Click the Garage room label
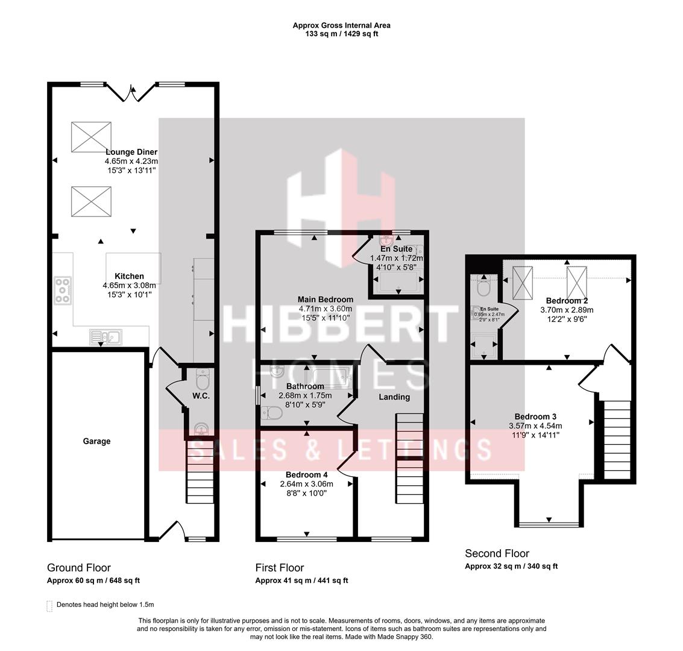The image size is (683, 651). pos(96,441)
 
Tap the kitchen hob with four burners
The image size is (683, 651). pos(63,290)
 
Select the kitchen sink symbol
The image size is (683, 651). pos(105,336)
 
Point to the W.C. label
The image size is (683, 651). pos(201,396)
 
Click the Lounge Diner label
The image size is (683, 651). pos(131,152)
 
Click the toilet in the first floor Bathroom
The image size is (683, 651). pos(273,414)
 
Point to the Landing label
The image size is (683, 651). pos(394,397)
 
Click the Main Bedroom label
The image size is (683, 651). pos(326,299)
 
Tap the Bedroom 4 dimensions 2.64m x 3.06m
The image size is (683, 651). pos(306,483)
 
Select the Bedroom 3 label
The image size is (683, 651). pos(535,417)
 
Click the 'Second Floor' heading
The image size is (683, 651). pos(497,553)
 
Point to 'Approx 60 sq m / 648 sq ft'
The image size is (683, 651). pos(93,580)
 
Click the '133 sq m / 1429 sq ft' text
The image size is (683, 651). pos(342,34)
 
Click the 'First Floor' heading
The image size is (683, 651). pos(280,567)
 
